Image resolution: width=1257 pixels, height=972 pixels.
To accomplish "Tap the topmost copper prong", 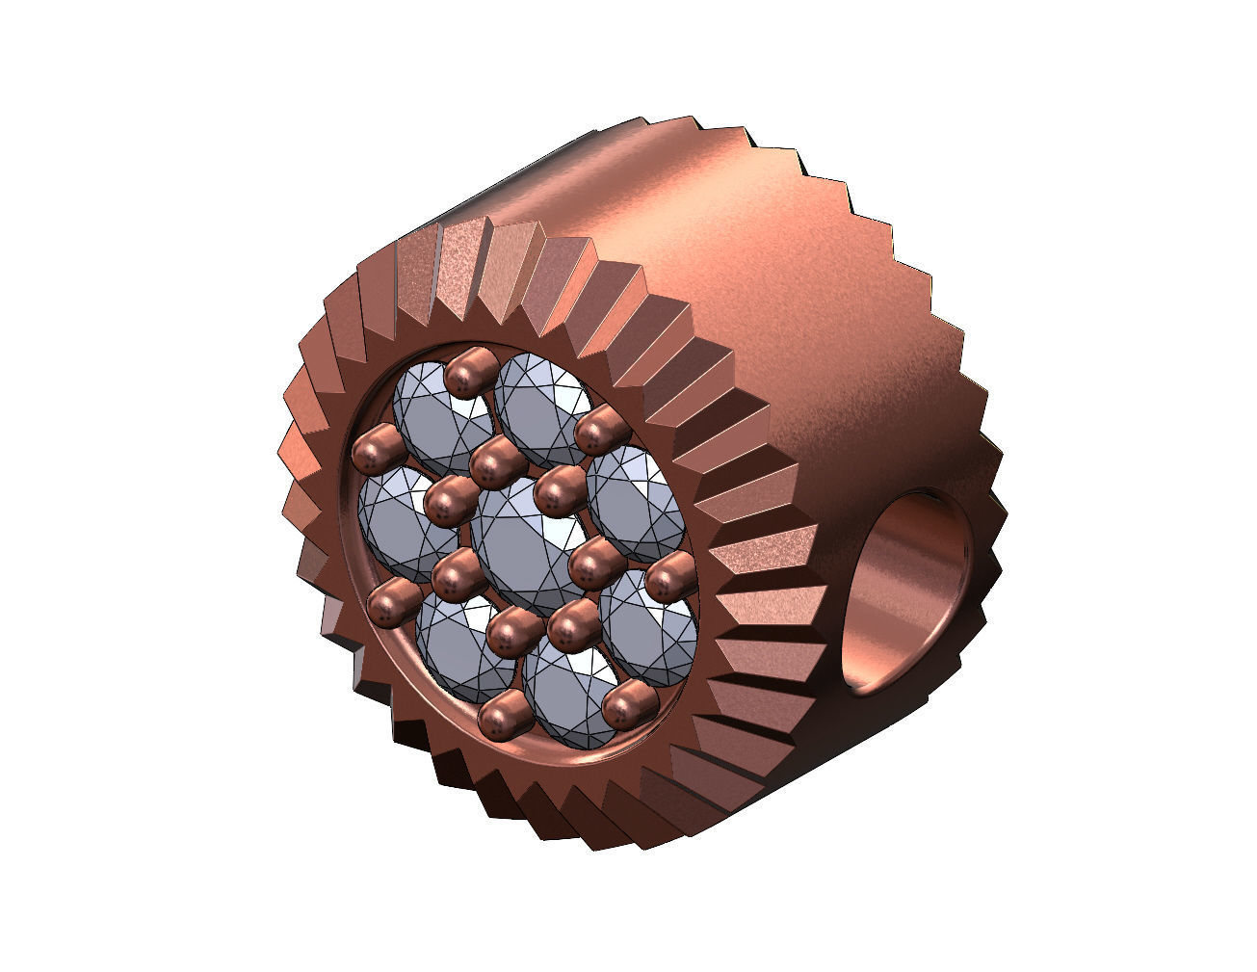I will (x=471, y=371).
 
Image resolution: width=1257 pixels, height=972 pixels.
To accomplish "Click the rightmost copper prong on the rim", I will (x=670, y=582).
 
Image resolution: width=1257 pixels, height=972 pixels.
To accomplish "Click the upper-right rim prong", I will (x=601, y=429).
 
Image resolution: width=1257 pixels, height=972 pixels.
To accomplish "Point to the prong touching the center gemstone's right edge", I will (x=595, y=563).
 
